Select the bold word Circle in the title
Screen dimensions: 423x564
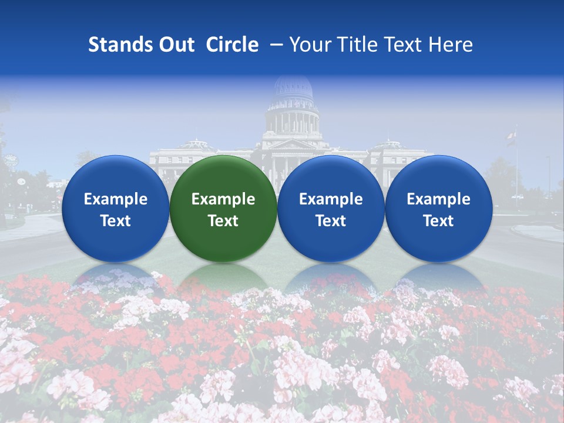click(x=232, y=45)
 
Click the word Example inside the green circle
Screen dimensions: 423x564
click(x=223, y=199)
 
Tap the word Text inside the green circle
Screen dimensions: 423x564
click(x=223, y=221)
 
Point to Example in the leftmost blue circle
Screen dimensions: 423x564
click(x=116, y=199)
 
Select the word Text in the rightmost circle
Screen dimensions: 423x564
click(x=439, y=221)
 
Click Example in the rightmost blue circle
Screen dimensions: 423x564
click(x=439, y=199)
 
